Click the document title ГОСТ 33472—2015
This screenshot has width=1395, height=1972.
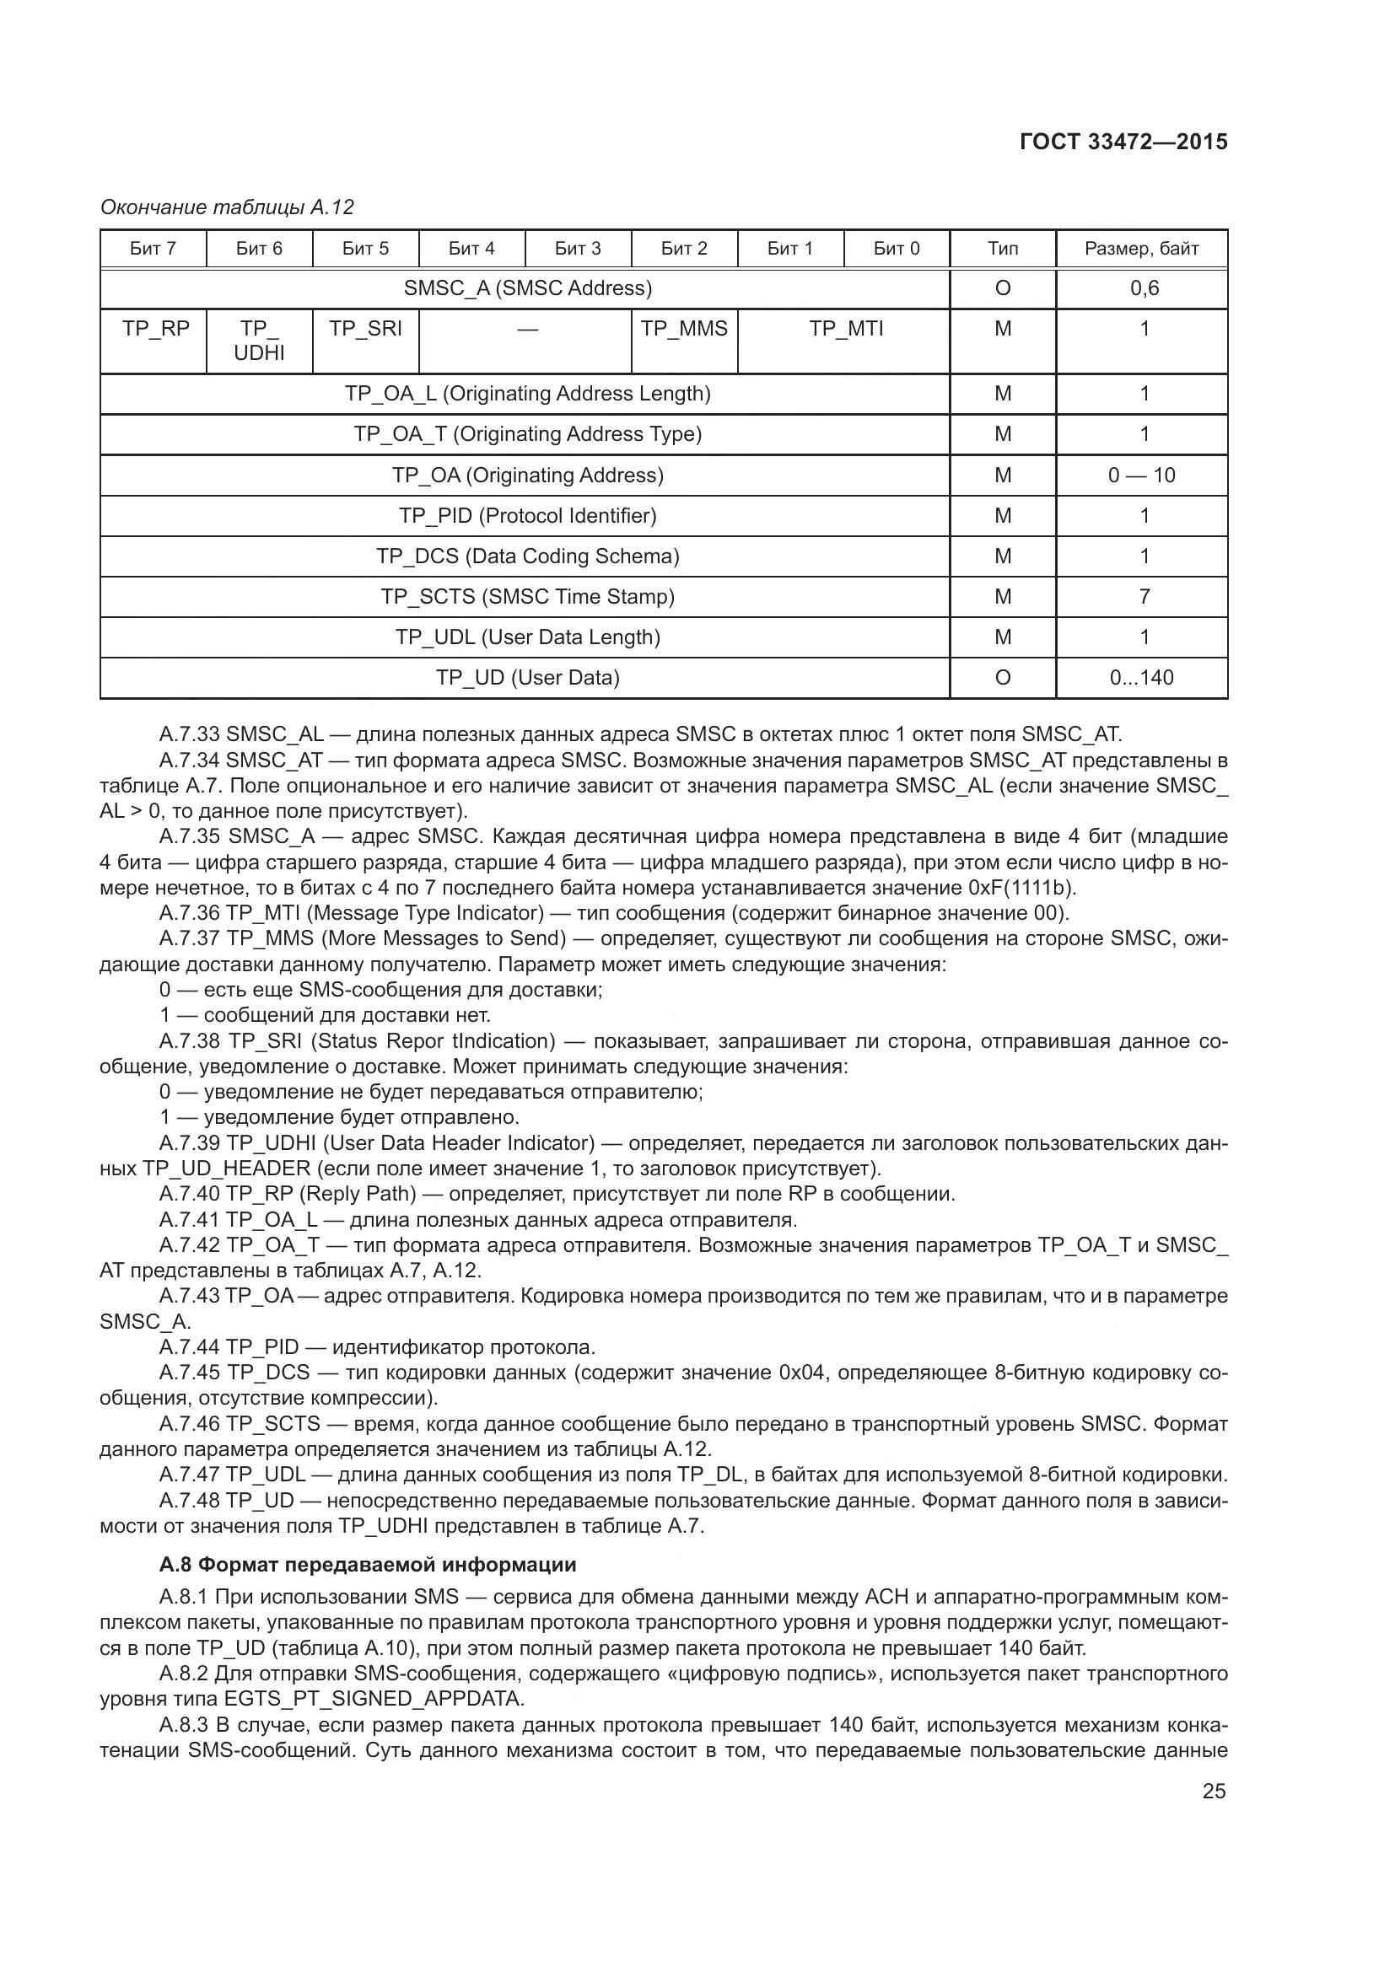[x=1123, y=142]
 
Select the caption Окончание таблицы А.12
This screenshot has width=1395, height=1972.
[x=227, y=207]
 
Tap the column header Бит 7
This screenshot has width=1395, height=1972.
[x=153, y=249]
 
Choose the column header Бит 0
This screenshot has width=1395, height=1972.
[x=896, y=249]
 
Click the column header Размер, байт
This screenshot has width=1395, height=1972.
[x=1141, y=249]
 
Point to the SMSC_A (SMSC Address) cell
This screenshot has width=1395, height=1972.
[x=527, y=288]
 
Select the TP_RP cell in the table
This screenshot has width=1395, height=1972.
[x=155, y=329]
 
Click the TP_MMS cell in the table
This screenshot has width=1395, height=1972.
[x=684, y=329]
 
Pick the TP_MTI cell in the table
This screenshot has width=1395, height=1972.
[x=845, y=329]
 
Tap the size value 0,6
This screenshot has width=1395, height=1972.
[x=1145, y=288]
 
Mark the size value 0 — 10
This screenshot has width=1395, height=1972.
[x=1141, y=476]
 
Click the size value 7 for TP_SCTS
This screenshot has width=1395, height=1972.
[x=1145, y=597]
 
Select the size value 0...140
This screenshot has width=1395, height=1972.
[x=1141, y=679]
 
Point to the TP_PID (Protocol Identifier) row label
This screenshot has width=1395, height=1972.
[x=527, y=516]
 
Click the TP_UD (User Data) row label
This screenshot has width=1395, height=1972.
[x=527, y=679]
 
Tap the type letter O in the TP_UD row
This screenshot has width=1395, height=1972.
[x=1003, y=679]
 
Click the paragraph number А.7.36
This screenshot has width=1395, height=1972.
[x=190, y=913]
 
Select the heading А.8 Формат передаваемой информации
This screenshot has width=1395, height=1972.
[x=368, y=1565]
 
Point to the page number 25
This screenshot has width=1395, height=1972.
[x=1214, y=1792]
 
